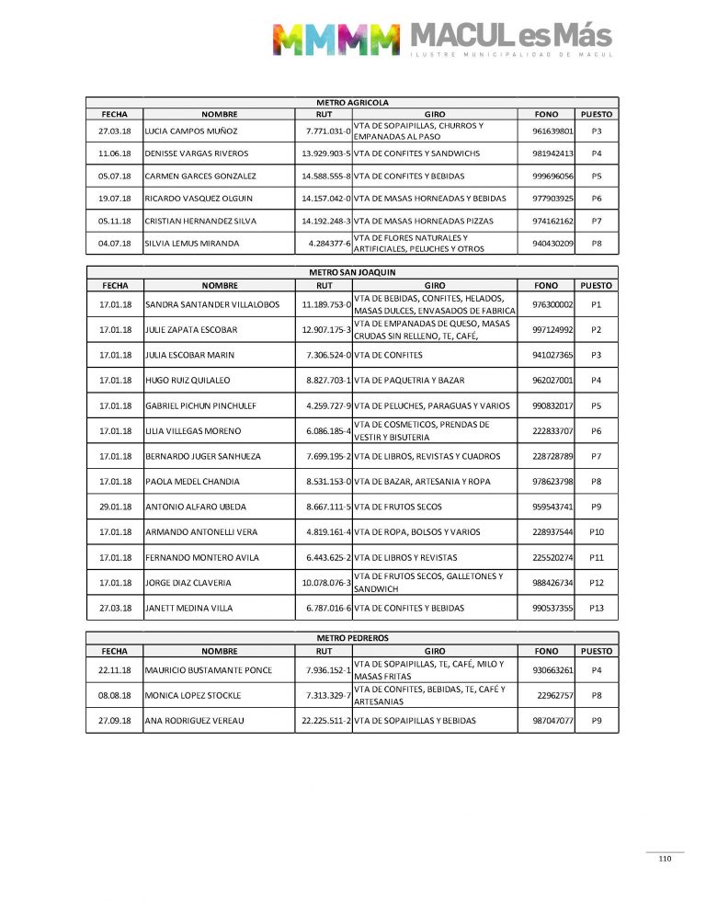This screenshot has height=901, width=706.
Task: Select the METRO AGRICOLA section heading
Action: coord(352,102)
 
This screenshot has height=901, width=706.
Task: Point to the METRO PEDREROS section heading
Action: coord(352,636)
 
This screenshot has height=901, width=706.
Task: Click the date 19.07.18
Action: coord(115,199)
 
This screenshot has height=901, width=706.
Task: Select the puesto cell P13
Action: coord(597,608)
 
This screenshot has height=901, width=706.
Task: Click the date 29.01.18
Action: coord(115,507)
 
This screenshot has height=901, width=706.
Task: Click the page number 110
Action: coord(665,859)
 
